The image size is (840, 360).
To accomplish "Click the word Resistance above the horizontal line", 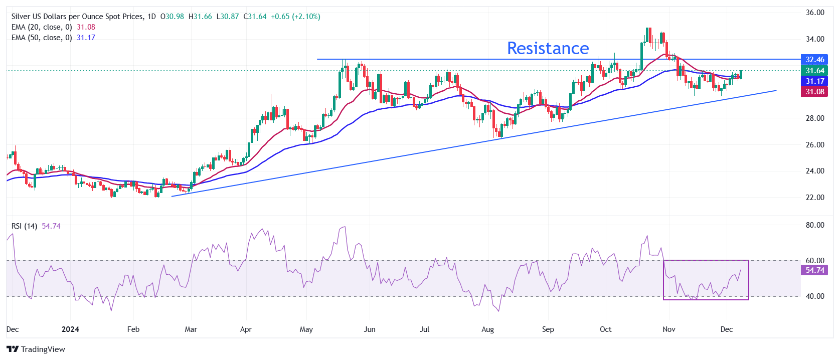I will click(548, 48).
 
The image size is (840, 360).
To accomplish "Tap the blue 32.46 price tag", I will click(814, 60).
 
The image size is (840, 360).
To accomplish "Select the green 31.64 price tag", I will click(814, 71).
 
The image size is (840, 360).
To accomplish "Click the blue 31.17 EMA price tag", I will click(814, 81).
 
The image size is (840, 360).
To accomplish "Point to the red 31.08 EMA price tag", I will click(814, 92).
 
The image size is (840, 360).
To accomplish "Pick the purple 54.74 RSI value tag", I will click(814, 270).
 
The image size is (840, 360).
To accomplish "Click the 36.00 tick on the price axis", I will click(815, 13).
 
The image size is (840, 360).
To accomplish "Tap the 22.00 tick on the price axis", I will click(815, 198).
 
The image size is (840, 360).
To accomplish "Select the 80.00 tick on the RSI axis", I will click(815, 225).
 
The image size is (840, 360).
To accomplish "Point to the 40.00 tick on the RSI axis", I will click(815, 296).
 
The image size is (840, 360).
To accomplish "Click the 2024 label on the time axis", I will click(70, 329).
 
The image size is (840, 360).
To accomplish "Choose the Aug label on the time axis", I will click(487, 329).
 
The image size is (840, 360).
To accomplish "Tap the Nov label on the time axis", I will click(669, 329).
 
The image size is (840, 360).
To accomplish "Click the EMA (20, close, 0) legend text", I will click(42, 27).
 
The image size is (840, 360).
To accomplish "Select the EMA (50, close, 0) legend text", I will click(42, 38).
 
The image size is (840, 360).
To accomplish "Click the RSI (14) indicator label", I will click(24, 226).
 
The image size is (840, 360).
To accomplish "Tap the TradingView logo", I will click(36, 349).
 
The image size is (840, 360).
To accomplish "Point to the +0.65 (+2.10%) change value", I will click(295, 17).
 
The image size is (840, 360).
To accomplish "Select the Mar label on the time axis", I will click(191, 329).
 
